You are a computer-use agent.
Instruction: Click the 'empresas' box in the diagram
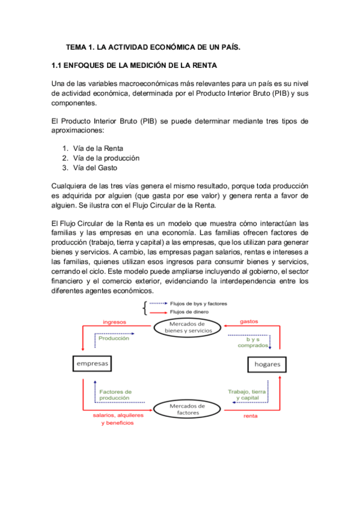tap(93, 363)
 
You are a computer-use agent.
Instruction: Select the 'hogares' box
tap(267, 364)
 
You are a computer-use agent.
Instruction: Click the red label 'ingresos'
tap(114, 322)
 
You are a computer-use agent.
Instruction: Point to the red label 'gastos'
tap(249, 322)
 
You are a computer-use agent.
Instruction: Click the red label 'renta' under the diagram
tap(251, 416)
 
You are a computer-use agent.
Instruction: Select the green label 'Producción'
tap(114, 338)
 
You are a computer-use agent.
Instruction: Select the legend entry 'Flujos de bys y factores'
tap(199, 304)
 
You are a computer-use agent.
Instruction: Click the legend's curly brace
tap(144, 308)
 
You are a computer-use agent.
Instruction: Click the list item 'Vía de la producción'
tap(106, 158)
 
